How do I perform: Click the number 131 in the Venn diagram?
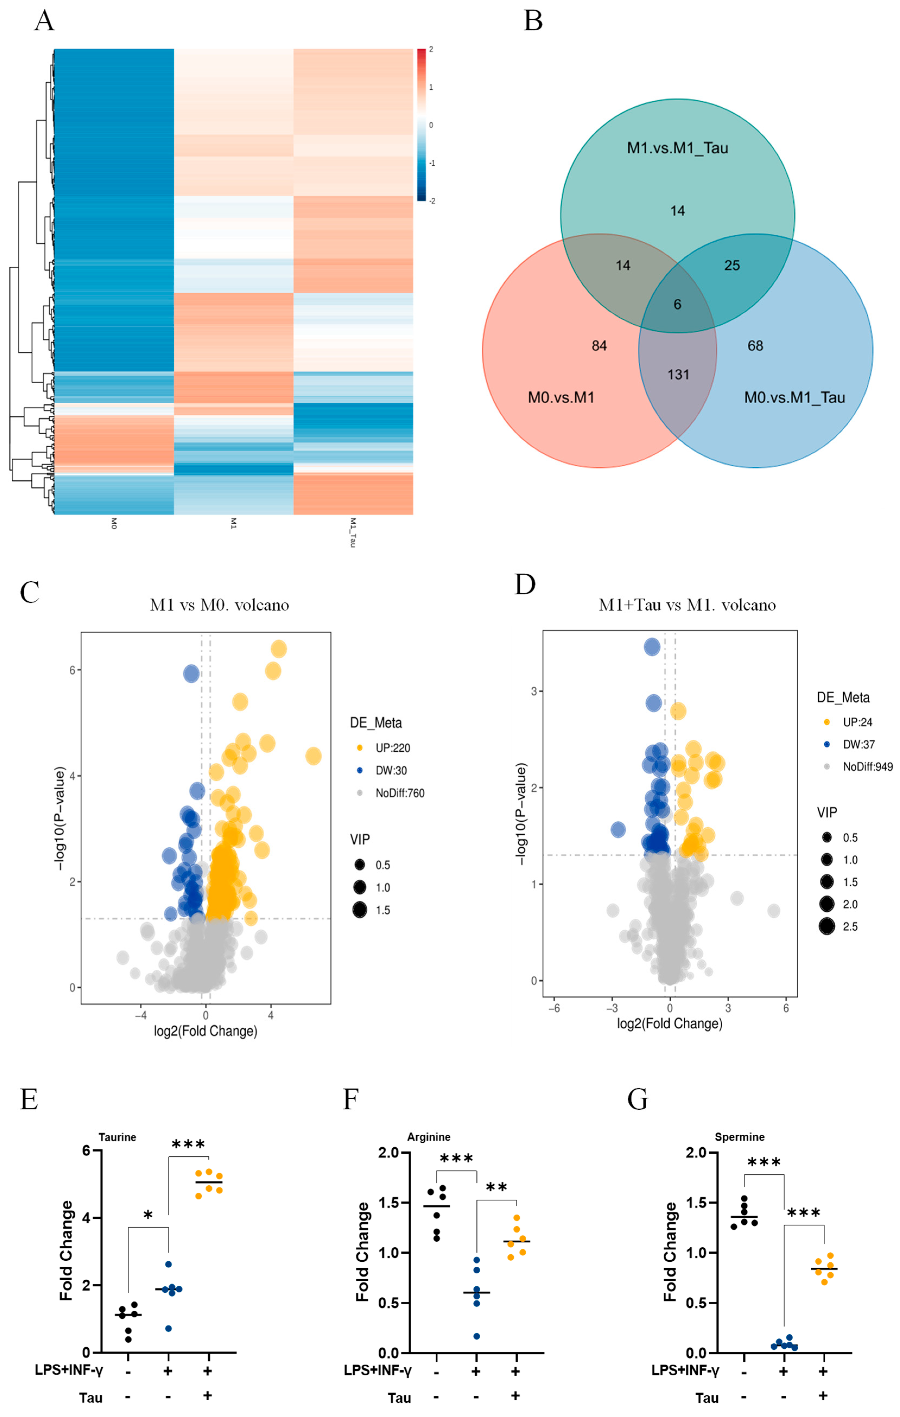coord(678,374)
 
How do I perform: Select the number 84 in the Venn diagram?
coord(599,345)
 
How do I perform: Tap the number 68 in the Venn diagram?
coord(755,345)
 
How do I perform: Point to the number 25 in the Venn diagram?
coord(732,265)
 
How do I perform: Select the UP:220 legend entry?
coord(393,748)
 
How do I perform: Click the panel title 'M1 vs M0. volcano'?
coord(219,605)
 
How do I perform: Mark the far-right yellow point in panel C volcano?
coord(313,756)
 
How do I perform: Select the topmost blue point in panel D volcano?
coord(652,647)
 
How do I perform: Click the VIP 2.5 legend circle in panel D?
coord(826,927)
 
